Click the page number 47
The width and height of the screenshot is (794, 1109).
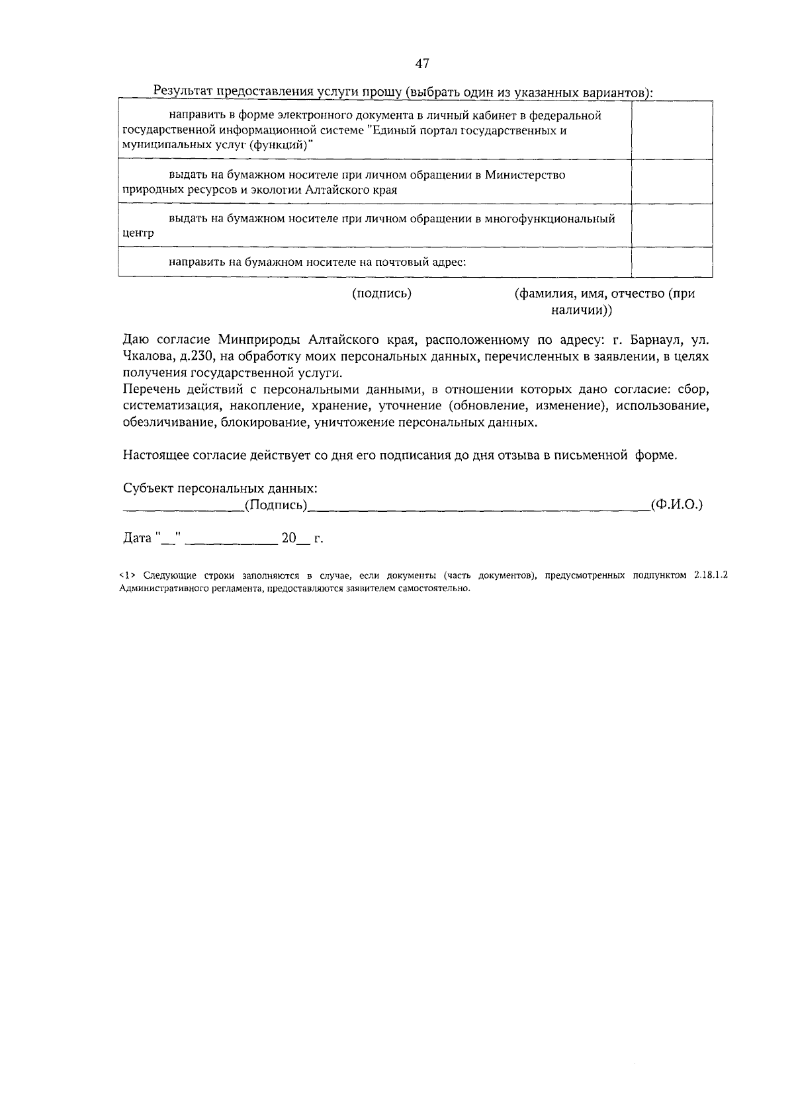423,63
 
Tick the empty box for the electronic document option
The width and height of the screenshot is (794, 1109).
671,130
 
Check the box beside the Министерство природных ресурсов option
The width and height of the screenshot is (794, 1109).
671,182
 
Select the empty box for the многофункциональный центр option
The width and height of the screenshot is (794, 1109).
671,225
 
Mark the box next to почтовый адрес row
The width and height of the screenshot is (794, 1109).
671,261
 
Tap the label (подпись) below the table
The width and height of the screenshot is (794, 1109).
382,294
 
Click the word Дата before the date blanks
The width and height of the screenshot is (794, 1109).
138,538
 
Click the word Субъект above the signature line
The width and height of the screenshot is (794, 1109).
149,489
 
